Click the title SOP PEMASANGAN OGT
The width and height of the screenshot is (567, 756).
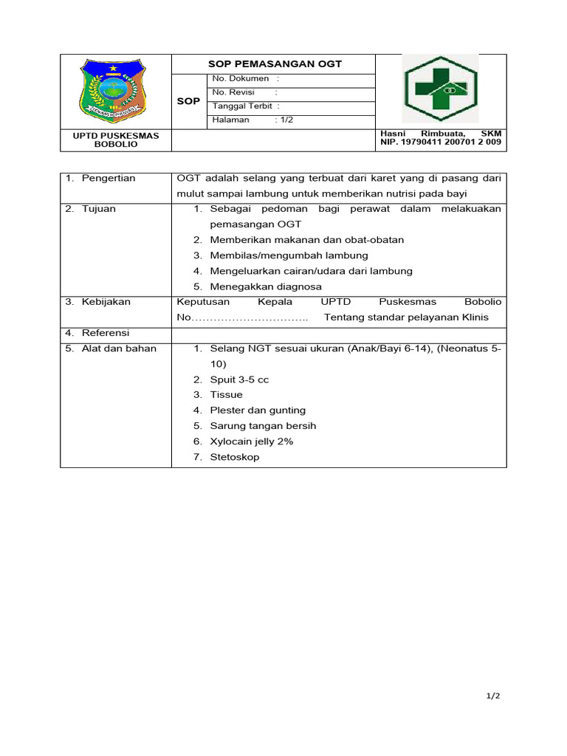(x=275, y=64)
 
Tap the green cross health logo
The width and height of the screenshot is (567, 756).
(x=440, y=89)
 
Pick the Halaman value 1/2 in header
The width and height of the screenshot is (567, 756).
(x=286, y=120)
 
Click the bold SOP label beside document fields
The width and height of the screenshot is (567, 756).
(x=189, y=101)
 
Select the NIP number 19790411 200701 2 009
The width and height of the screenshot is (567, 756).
(x=441, y=142)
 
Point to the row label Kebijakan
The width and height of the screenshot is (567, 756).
(x=106, y=302)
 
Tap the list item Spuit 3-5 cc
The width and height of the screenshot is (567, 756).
(x=239, y=379)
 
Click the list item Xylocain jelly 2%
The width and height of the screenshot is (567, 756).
(x=252, y=441)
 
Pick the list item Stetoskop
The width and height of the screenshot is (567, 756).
(x=235, y=457)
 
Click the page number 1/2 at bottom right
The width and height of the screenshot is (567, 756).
(x=493, y=696)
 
